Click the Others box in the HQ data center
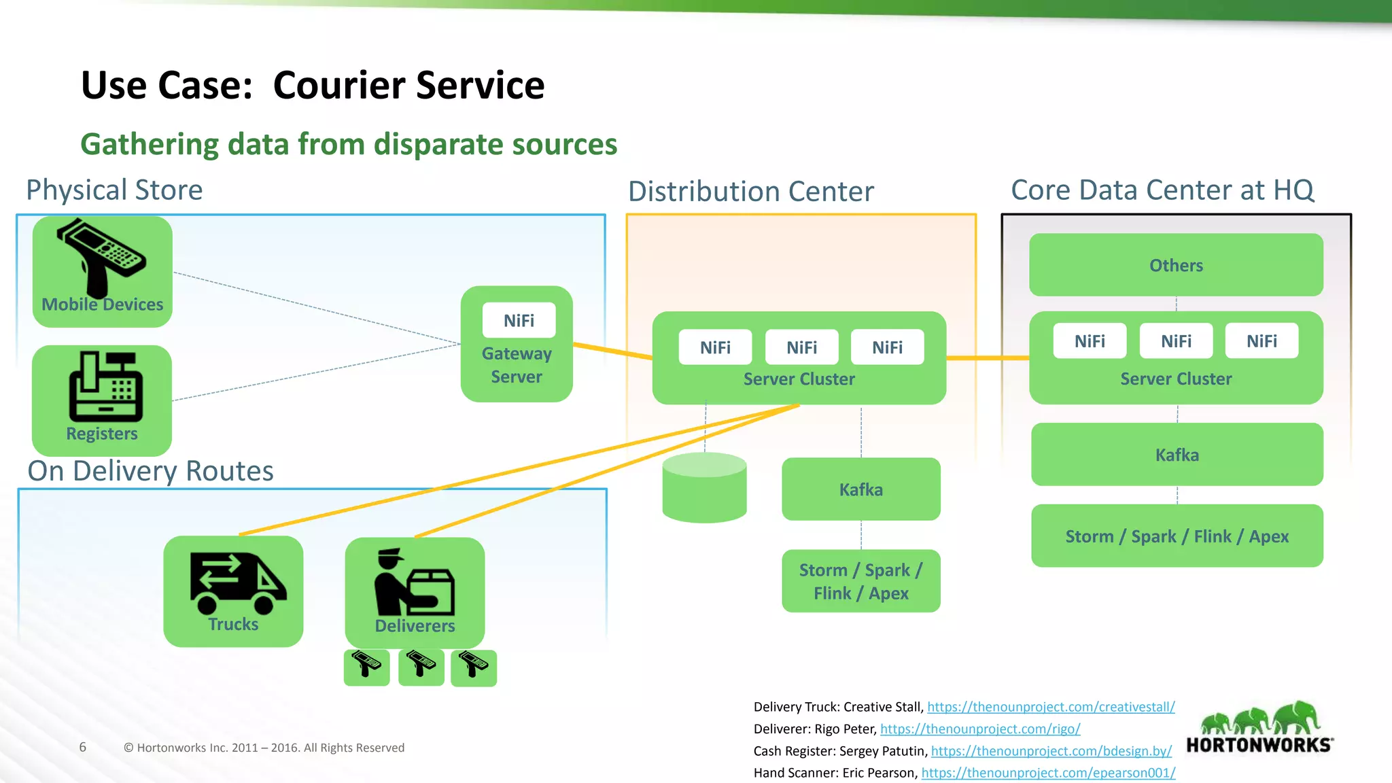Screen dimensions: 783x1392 pyautogui.click(x=1176, y=265)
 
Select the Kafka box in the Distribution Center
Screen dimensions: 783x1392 pyautogui.click(x=860, y=489)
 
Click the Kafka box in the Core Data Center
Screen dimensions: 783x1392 pyautogui.click(x=1177, y=455)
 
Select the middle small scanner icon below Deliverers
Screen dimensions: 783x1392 pyautogui.click(x=421, y=667)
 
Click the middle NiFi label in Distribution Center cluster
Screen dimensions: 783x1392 pyautogui.click(x=801, y=347)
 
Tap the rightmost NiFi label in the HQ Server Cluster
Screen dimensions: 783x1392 pyautogui.click(x=1261, y=341)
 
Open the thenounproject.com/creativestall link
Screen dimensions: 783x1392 pyautogui.click(x=1051, y=707)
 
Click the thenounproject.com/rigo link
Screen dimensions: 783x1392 pyautogui.click(x=980, y=729)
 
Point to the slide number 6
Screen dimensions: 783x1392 pyautogui.click(x=83, y=748)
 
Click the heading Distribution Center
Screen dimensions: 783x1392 pyautogui.click(x=750, y=192)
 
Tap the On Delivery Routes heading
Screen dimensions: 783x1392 pyautogui.click(x=150, y=471)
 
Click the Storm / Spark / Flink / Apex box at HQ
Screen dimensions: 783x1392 pyautogui.click(x=1177, y=536)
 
